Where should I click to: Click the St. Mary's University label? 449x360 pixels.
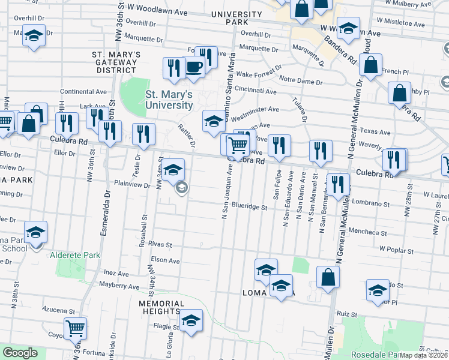pyautogui.click(x=169, y=100)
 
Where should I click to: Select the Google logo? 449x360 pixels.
pyautogui.click(x=19, y=353)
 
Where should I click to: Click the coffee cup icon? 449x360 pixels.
pyautogui.click(x=193, y=68)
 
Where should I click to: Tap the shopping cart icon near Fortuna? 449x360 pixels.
pyautogui.click(x=76, y=329)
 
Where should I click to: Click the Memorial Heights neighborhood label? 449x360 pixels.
pyautogui.click(x=160, y=307)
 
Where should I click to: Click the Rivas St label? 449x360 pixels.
pyautogui.click(x=160, y=245)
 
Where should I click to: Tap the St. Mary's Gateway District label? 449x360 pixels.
pyautogui.click(x=116, y=62)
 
